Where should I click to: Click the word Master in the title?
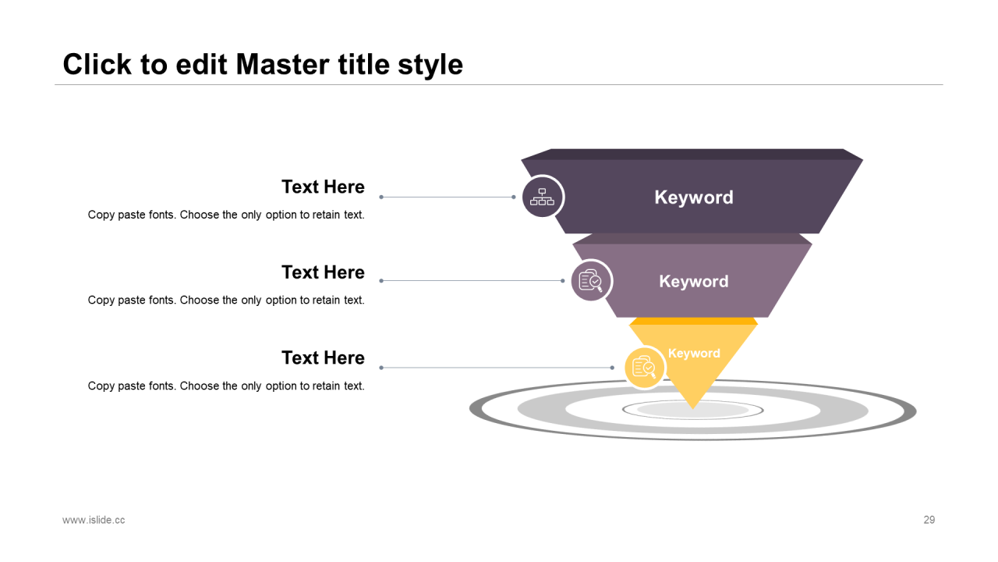(x=283, y=64)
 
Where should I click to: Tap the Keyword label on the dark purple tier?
(x=694, y=197)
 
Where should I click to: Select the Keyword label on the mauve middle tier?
(x=694, y=281)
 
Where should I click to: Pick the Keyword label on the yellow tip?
(x=694, y=353)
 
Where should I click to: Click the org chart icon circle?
(x=542, y=197)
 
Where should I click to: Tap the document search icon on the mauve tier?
(x=591, y=280)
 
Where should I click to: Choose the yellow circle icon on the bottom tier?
(x=644, y=368)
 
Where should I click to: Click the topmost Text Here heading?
(x=323, y=187)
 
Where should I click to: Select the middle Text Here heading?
(x=323, y=272)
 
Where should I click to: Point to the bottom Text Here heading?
(x=323, y=357)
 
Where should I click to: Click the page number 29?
(x=929, y=520)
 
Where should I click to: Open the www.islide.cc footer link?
(x=94, y=520)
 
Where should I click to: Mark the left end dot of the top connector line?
(x=381, y=197)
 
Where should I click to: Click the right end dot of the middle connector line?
(x=563, y=280)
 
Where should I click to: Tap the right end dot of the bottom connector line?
(x=612, y=368)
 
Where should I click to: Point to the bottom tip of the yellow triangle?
(x=693, y=409)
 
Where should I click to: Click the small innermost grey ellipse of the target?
(x=693, y=410)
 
